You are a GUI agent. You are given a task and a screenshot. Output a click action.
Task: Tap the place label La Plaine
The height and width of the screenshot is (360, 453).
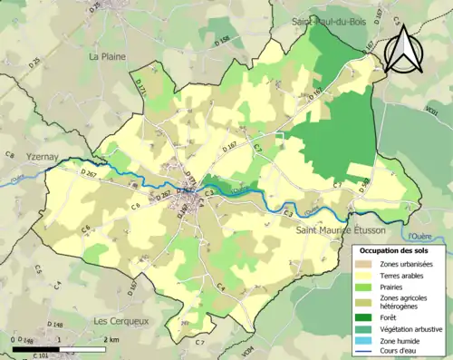tap(106, 56)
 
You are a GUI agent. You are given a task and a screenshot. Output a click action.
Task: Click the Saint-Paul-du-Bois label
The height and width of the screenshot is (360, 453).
tap(327, 19)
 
